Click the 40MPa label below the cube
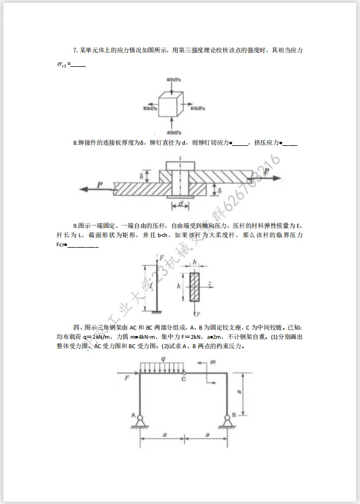pos(173,134)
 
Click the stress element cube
pos(173,106)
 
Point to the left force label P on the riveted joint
pos(100,184)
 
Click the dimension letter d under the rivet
pos(181,204)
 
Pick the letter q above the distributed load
pos(163,359)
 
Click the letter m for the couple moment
pos(213,362)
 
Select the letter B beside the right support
pos(234,414)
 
